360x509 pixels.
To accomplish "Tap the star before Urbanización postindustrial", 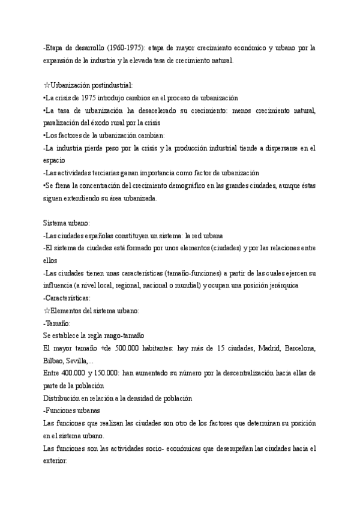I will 47,85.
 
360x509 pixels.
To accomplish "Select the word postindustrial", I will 111,85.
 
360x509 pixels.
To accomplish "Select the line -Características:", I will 67,298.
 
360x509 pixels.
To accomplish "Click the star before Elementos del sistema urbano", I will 47,310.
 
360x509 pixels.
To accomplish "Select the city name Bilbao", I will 56,360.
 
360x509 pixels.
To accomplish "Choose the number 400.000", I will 73,373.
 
